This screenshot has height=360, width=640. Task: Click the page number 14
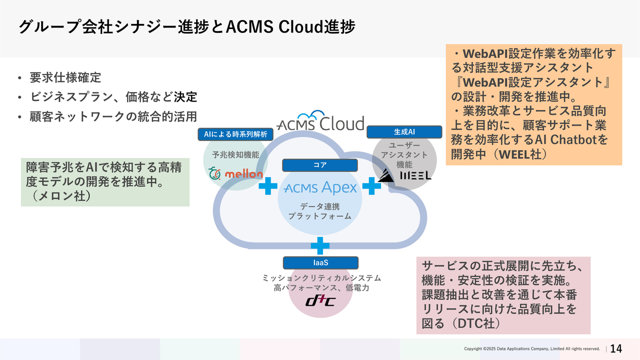(x=616, y=348)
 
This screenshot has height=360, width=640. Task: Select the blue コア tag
(x=319, y=165)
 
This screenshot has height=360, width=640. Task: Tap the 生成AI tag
(x=404, y=132)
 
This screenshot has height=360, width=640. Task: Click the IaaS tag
(x=320, y=262)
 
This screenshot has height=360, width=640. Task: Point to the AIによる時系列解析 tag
(x=235, y=134)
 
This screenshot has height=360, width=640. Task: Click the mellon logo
(x=236, y=173)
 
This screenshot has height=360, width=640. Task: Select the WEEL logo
(x=404, y=174)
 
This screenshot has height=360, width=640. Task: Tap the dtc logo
(x=320, y=301)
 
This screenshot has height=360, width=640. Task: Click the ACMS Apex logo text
(x=320, y=188)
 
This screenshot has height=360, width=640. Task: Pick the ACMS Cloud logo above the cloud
(x=320, y=121)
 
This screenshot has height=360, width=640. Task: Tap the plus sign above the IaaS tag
(x=320, y=245)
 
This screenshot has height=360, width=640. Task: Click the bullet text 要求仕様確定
(x=65, y=78)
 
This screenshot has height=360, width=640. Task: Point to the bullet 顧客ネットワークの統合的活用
(x=113, y=116)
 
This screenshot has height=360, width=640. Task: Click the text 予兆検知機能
(x=235, y=154)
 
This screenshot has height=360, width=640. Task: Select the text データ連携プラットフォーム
(x=320, y=211)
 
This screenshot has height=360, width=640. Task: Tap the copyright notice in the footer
(x=531, y=348)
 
